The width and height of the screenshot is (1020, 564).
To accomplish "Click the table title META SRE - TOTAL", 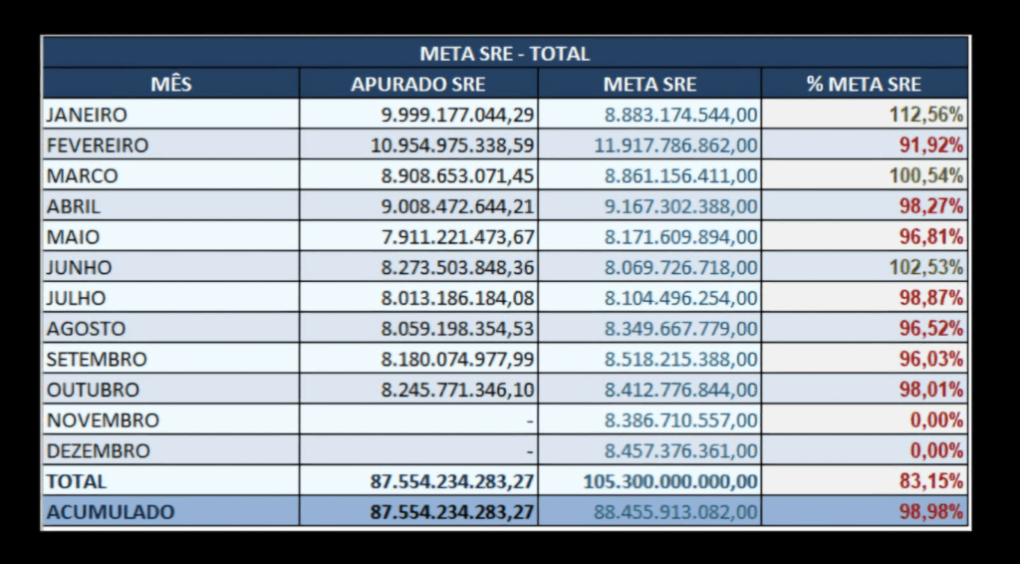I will (504, 54).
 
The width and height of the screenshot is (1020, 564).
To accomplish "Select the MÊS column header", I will (170, 85).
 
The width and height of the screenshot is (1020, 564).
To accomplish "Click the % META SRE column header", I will (864, 85).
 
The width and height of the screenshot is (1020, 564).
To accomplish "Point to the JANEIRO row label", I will (87, 115).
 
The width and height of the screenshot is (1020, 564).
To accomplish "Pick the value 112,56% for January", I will (925, 115).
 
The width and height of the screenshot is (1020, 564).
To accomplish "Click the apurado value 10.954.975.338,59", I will (452, 145).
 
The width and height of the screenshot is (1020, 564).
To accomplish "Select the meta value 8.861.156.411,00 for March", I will (681, 176).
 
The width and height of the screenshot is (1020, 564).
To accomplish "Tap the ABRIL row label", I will (74, 206).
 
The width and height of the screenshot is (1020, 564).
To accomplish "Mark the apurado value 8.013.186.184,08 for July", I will (457, 298).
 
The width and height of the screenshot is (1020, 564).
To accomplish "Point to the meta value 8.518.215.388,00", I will (681, 359).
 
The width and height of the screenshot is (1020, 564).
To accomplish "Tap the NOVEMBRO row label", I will (103, 421).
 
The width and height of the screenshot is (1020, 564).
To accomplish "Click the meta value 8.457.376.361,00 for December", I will (681, 450).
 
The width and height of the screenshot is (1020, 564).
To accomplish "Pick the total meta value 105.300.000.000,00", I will (670, 481).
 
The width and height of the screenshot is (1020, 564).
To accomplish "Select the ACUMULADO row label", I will (110, 512).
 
